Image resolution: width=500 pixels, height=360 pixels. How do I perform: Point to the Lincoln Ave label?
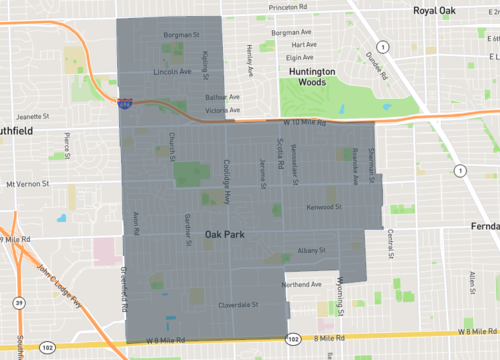click(171, 72)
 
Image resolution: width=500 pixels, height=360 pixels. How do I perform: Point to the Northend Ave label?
click(302, 284)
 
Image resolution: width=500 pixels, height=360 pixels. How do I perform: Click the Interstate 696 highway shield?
click(123, 102)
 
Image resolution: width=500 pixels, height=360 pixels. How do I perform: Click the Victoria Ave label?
click(221, 110)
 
